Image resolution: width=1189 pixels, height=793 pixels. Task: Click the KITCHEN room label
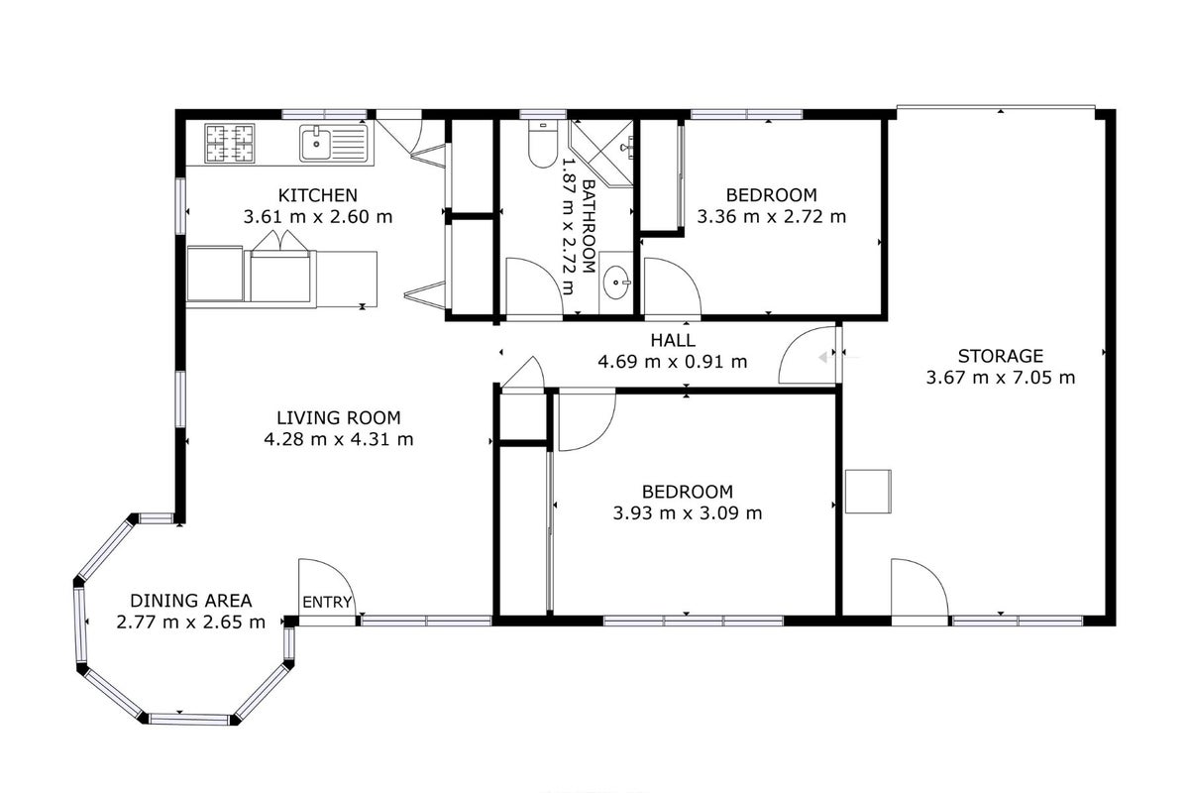tap(317, 195)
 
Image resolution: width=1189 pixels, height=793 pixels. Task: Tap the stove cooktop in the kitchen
tap(230, 144)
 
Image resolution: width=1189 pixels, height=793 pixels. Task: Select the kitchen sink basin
tap(315, 143)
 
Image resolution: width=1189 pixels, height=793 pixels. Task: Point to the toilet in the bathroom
tap(543, 144)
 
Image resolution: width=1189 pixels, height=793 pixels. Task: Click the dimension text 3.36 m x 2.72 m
tap(771, 217)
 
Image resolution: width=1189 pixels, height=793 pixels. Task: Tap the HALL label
tap(673, 340)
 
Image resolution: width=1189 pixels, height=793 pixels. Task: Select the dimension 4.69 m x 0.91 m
tap(673, 362)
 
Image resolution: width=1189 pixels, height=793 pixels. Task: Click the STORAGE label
tap(1001, 356)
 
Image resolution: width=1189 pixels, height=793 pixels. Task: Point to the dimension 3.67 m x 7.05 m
tap(1001, 378)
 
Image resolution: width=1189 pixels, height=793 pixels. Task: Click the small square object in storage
tap(868, 492)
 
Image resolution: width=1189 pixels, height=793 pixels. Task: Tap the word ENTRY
tap(327, 602)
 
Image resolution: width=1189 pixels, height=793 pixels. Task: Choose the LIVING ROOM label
tap(339, 418)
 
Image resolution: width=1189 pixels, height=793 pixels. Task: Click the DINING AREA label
tap(191, 601)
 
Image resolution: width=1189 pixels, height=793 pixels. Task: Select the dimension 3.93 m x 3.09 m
tap(688, 513)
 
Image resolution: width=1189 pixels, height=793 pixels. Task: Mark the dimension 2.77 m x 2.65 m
tap(191, 622)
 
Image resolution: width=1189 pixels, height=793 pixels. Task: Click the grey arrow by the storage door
tap(823, 358)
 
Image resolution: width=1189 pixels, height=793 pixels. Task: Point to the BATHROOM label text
tap(589, 226)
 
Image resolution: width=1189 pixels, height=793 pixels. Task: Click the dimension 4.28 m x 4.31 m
tap(339, 440)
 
